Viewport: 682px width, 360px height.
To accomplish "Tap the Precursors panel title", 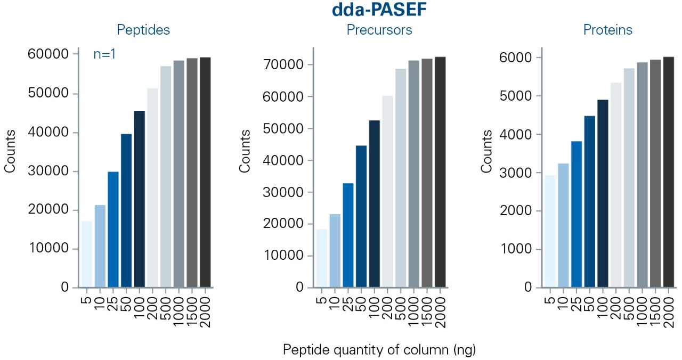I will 379,30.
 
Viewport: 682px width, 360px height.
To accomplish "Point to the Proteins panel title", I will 608,30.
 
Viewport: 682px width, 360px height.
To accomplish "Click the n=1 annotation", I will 105,54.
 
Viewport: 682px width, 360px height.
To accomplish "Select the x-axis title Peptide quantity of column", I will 379,350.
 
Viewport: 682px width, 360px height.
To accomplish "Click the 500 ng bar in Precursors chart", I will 401,178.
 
